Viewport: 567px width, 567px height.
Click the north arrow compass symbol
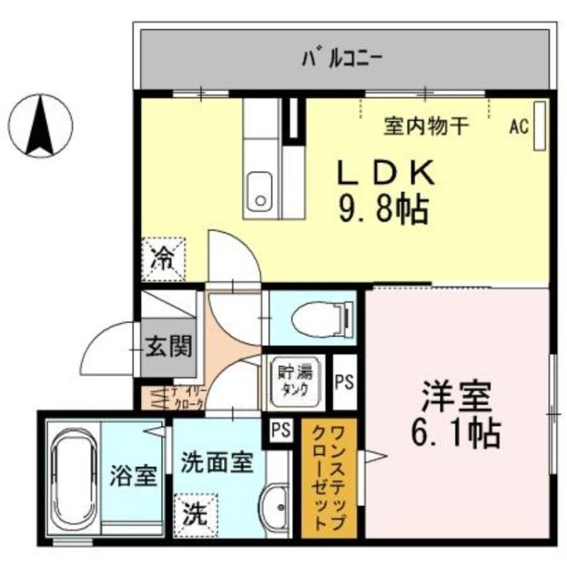tap(40, 126)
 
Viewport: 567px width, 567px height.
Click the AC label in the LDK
tap(519, 127)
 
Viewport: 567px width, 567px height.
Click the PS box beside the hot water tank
tap(344, 383)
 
